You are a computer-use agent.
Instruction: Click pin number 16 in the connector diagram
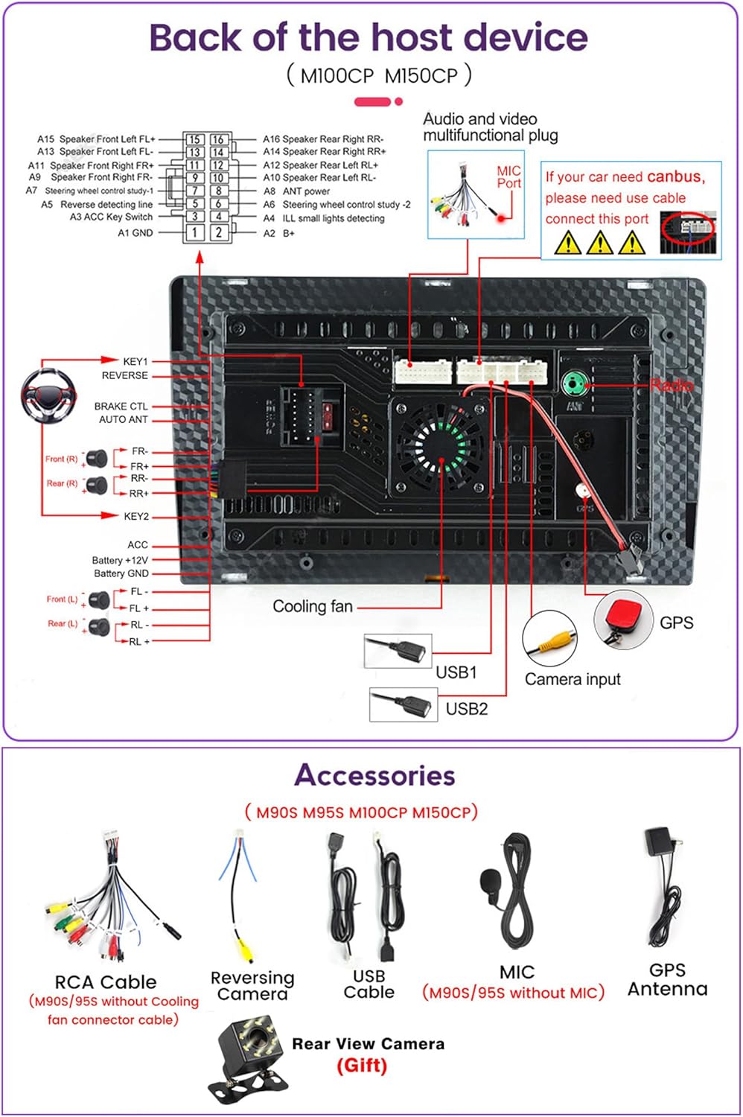[x=218, y=139]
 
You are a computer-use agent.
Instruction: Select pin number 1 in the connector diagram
[x=194, y=232]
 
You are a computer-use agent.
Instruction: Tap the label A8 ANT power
[x=297, y=191]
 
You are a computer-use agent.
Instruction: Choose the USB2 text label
[x=467, y=709]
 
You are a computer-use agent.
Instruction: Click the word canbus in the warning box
[x=675, y=177]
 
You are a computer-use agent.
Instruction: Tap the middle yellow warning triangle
[x=599, y=243]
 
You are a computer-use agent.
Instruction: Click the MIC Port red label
[x=509, y=177]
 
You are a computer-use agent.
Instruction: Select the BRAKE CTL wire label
[x=121, y=407]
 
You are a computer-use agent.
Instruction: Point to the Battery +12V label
[x=120, y=560]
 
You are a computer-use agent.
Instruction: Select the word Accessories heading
[x=374, y=775]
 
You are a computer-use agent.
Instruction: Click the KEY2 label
[x=136, y=516]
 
